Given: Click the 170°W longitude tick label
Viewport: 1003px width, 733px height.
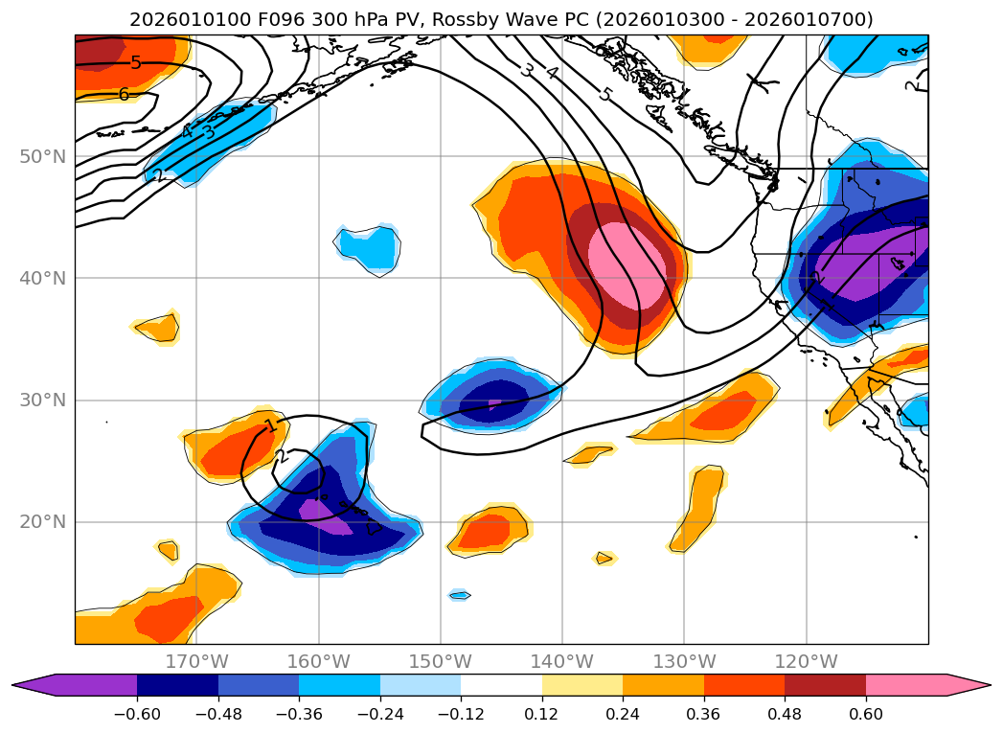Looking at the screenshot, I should pyautogui.click(x=196, y=661).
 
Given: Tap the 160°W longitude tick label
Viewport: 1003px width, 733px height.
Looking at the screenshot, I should pyautogui.click(x=318, y=661).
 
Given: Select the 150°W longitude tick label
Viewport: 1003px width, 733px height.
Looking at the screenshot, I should pyautogui.click(x=440, y=661).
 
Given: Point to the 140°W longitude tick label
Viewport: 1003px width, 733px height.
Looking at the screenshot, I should pyautogui.click(x=562, y=661).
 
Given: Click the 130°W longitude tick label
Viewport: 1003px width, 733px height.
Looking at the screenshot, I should pyautogui.click(x=684, y=661).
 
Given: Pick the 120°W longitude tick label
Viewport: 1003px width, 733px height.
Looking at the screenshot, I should pyautogui.click(x=806, y=661).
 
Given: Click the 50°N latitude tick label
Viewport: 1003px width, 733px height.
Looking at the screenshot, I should pyautogui.click(x=43, y=156).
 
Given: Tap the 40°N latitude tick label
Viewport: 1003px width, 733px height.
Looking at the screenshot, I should pyautogui.click(x=43, y=278).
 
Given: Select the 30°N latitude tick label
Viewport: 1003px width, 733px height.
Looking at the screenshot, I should pyautogui.click(x=43, y=400).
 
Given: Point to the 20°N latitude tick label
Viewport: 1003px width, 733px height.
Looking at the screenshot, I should pyautogui.click(x=43, y=522).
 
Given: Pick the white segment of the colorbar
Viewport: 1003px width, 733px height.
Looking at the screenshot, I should pyautogui.click(x=501, y=685).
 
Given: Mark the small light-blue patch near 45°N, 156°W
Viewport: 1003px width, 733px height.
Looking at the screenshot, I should pyautogui.click(x=369, y=248).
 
